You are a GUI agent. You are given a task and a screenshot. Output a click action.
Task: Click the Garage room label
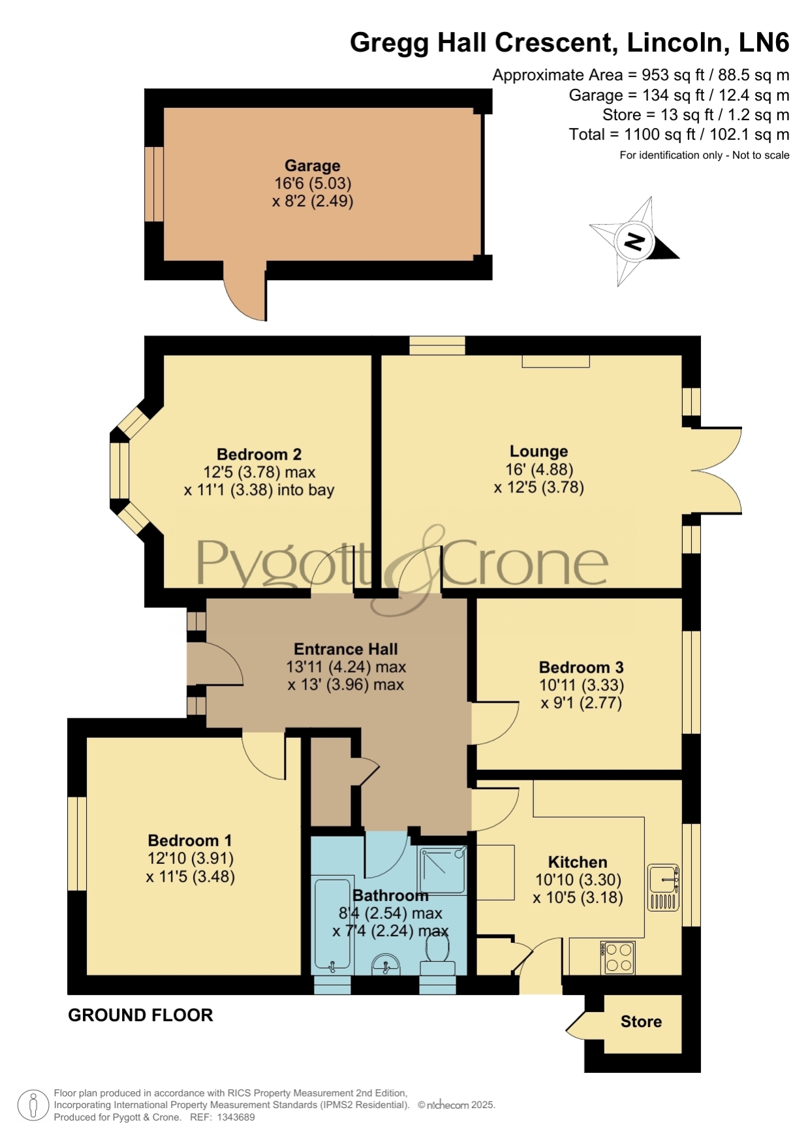[312, 166]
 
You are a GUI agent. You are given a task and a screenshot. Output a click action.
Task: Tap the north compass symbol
[634, 242]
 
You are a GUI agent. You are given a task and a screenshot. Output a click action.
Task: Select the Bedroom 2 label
[259, 454]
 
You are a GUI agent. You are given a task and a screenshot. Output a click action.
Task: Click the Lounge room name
[538, 451]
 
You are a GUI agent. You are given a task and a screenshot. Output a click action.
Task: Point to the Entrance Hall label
[346, 649]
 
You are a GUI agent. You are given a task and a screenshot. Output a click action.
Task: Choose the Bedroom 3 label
[581, 667]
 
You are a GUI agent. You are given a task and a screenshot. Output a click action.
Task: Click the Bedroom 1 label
[190, 840]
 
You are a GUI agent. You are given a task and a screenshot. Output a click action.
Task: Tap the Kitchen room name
[578, 862]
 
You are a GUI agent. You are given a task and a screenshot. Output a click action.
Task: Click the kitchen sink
[664, 887]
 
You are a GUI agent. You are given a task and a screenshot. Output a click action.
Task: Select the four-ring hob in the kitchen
[617, 957]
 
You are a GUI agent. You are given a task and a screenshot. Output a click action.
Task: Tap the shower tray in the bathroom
[443, 870]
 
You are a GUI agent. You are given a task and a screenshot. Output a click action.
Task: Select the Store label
[641, 1022]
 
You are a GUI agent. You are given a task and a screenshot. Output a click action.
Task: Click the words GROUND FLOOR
[140, 1015]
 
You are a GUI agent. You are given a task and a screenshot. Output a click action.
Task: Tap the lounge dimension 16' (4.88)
[539, 470]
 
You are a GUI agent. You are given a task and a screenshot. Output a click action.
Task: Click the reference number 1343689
[236, 1117]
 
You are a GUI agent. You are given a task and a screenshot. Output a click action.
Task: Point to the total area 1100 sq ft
[654, 135]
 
